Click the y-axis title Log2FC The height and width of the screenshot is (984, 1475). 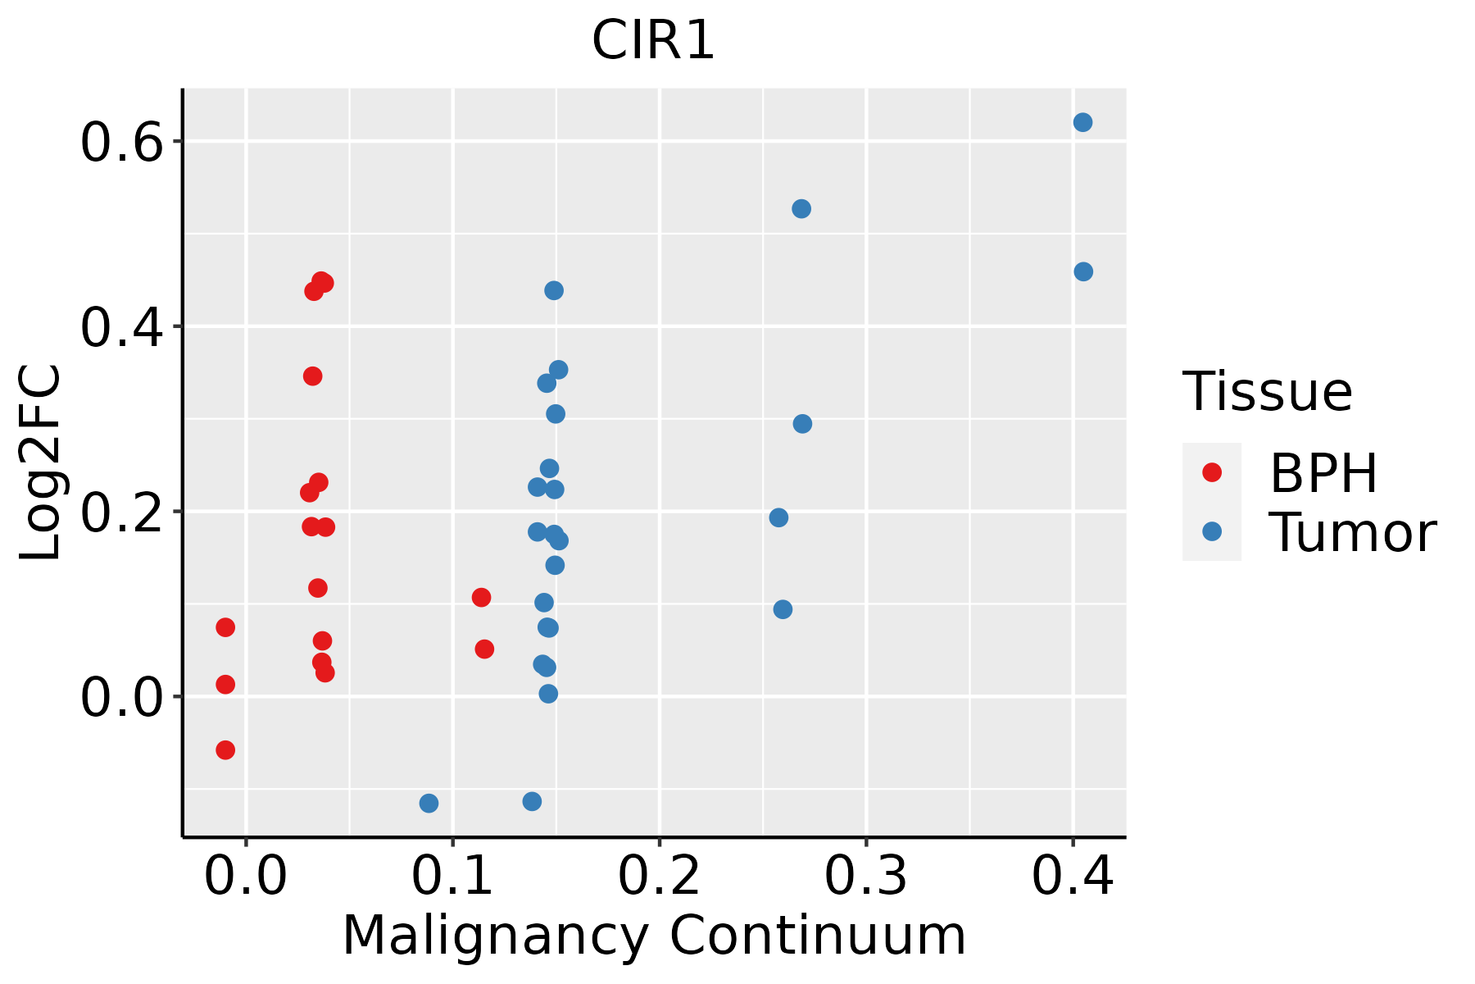coord(41,463)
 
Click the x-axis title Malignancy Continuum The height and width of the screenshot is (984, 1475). coord(653,936)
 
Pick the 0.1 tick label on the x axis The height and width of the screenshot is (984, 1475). coord(452,876)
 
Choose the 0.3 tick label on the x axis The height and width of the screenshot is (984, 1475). coord(865,876)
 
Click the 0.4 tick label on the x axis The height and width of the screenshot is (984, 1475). coord(1072,876)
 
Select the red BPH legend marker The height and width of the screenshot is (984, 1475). coord(1211,472)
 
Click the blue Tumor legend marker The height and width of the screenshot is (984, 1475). coord(1211,531)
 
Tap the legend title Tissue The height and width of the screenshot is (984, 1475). coord(1267,392)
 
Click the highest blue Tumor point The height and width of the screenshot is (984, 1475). coord(1082,122)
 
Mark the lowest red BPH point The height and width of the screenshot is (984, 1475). coord(225,749)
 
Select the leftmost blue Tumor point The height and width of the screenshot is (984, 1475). coord(429,803)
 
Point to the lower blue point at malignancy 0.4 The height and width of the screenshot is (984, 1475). coord(1083,271)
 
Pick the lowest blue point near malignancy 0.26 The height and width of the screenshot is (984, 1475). coord(783,609)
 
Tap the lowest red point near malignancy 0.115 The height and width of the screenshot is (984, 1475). coord(484,649)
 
